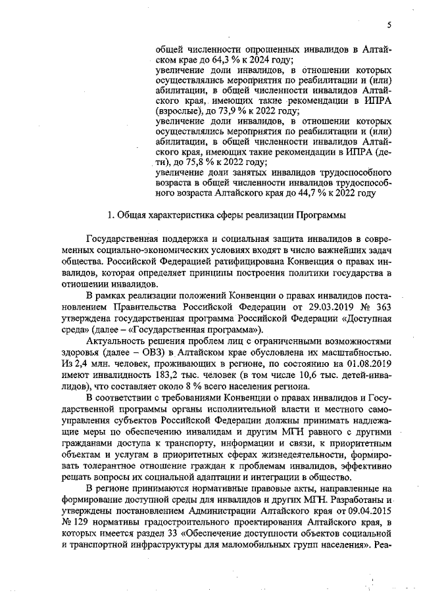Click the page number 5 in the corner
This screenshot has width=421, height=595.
[389, 25]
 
